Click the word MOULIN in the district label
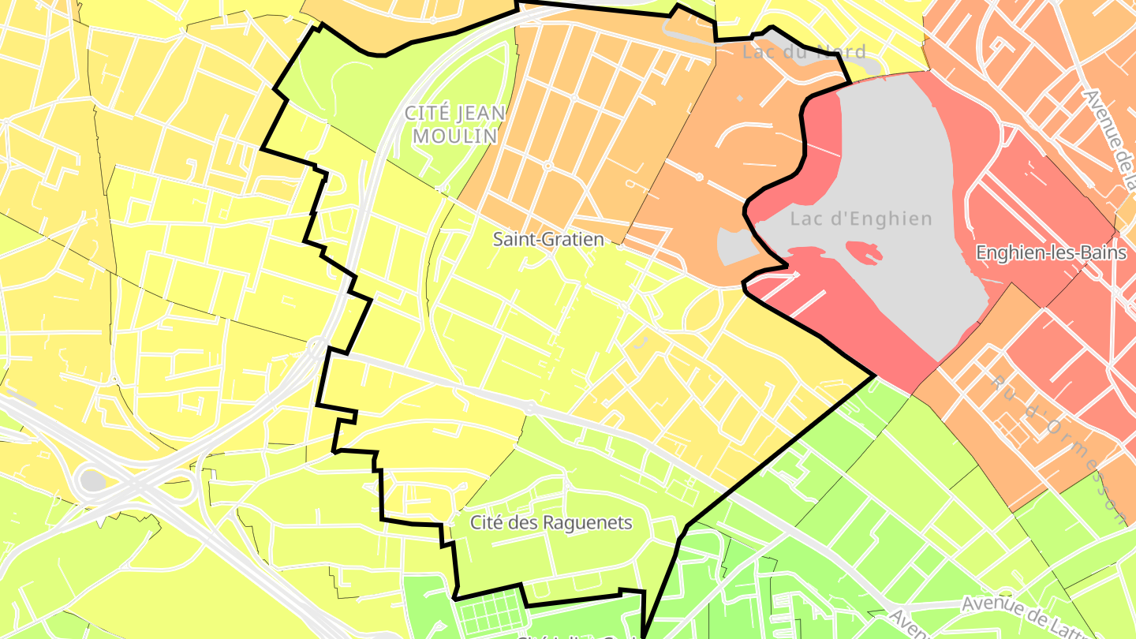455,136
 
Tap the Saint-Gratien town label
548,238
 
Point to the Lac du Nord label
804,52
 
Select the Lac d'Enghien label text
861,219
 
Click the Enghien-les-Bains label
1051,252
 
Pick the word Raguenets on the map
592,522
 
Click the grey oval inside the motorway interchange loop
92,480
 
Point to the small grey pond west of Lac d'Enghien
735,247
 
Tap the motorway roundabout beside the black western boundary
316,346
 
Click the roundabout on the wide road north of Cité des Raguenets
531,408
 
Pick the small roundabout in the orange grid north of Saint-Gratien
547,166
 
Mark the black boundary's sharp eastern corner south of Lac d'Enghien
875,376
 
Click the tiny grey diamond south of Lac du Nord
739,99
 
